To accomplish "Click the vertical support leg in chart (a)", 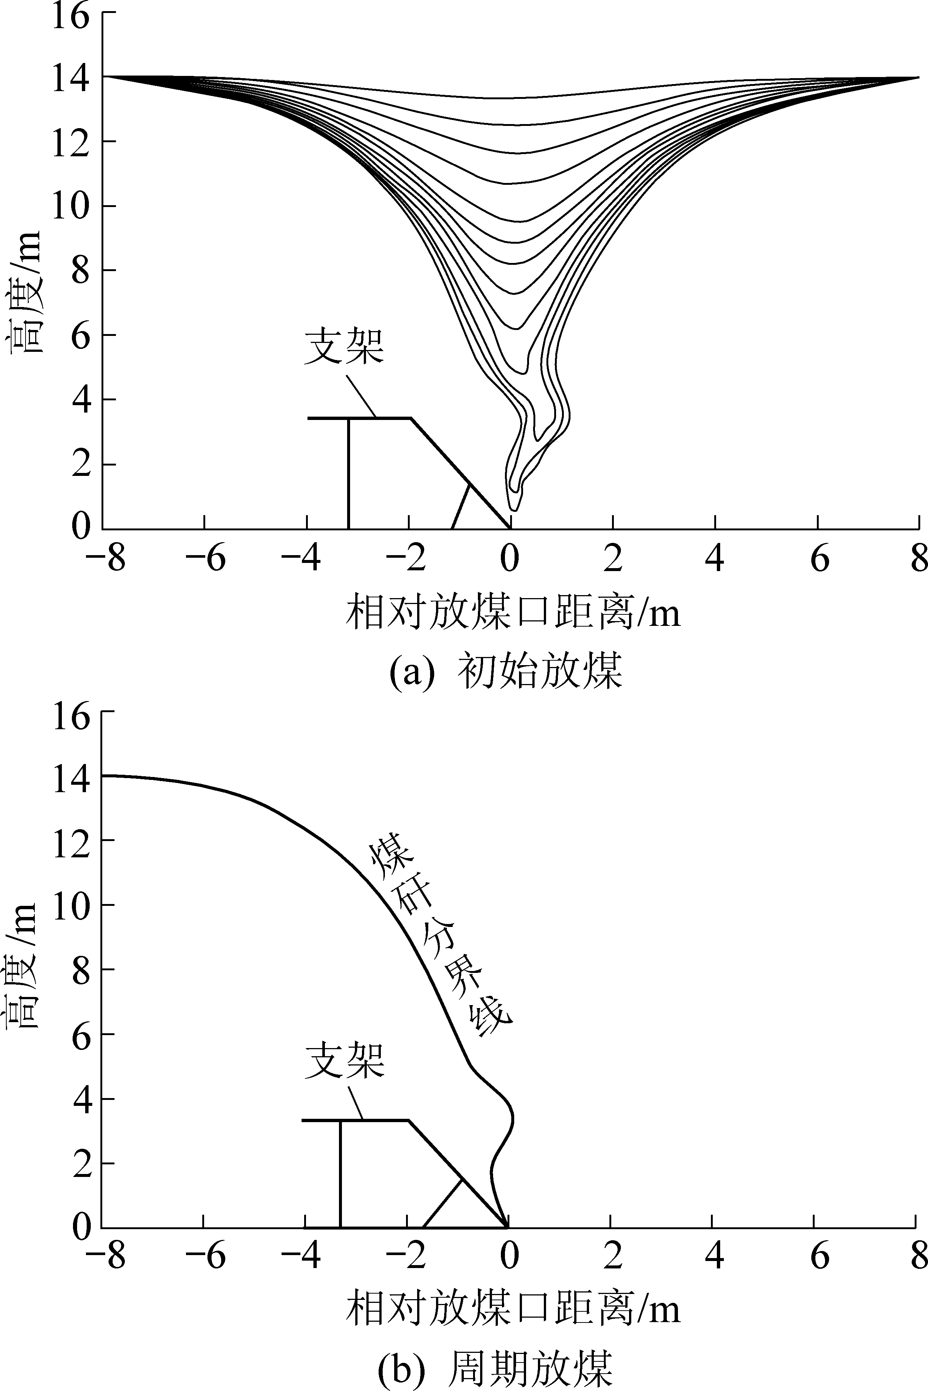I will (x=349, y=473).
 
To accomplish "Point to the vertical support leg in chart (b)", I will (x=340, y=1172).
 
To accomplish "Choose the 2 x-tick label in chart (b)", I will (x=612, y=1256).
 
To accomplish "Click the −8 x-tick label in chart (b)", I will (x=105, y=1256).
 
